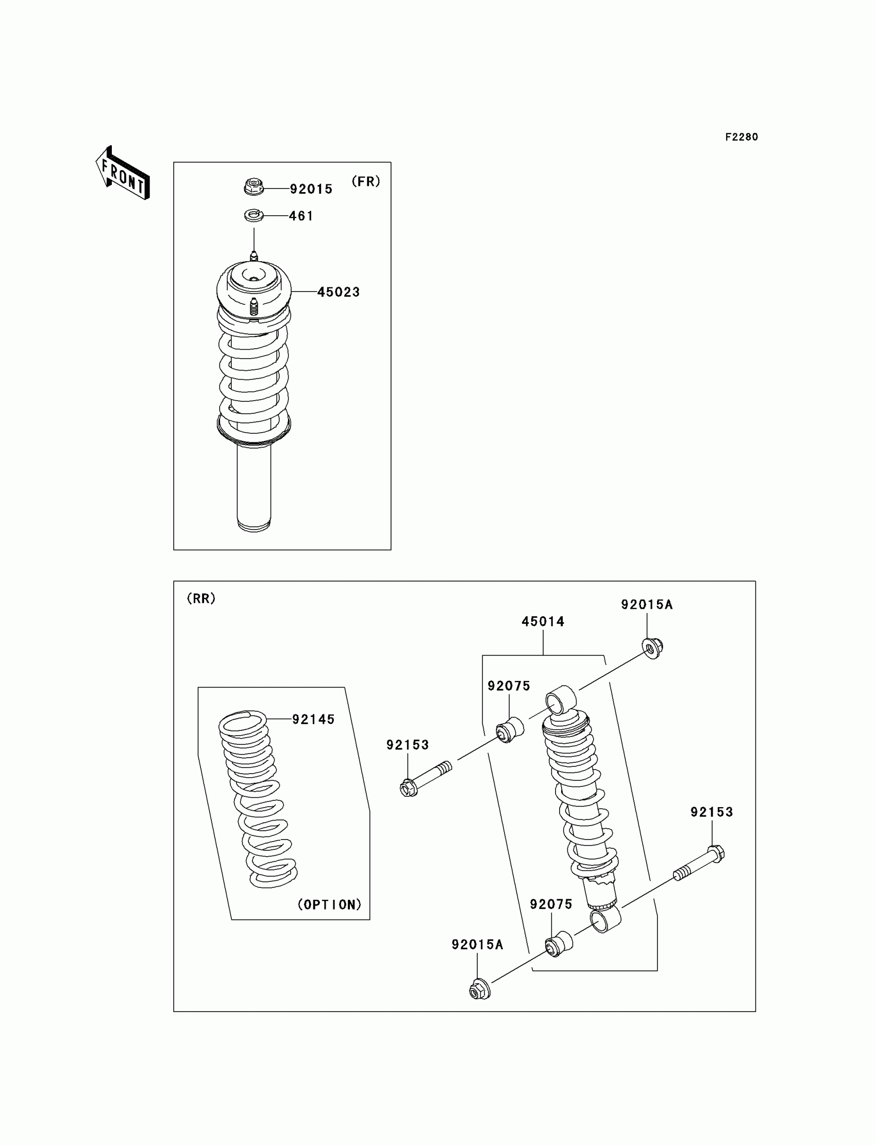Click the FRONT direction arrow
point(123,174)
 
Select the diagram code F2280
point(742,137)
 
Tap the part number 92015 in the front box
point(311,189)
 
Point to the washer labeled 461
point(254,215)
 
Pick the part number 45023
point(339,293)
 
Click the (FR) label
point(366,181)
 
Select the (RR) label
point(201,599)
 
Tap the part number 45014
point(543,621)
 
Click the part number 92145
point(313,719)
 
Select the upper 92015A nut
point(652,649)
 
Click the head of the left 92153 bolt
point(408,788)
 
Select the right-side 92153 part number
point(712,812)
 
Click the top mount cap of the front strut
point(254,287)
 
